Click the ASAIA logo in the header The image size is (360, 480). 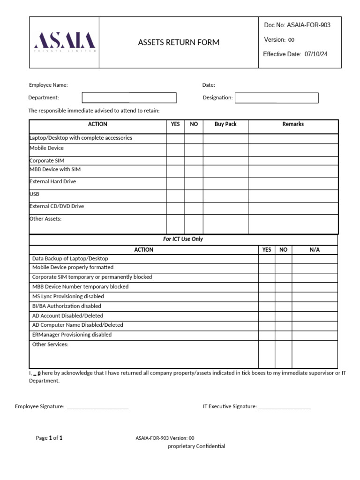click(65, 42)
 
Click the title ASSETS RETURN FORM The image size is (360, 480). click(179, 43)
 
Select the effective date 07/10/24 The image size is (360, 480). click(316, 54)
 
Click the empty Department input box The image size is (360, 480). click(129, 97)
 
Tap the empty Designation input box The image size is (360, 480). click(276, 97)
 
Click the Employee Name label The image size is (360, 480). click(48, 85)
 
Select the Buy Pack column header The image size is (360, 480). click(225, 124)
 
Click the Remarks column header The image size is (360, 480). click(293, 124)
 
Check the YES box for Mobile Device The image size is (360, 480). click(175, 150)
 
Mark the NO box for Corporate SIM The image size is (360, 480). click(194, 160)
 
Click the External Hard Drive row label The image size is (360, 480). click(52, 181)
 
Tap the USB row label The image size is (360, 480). click(35, 194)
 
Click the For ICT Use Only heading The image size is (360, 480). click(183, 239)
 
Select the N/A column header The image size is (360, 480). click(315, 250)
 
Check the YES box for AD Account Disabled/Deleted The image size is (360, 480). click(267, 316)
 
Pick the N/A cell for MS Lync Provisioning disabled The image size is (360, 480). click(315, 297)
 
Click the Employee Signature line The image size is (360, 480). click(97, 407)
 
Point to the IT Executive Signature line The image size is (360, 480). click(284, 407)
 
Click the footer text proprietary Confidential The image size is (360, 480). click(196, 446)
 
